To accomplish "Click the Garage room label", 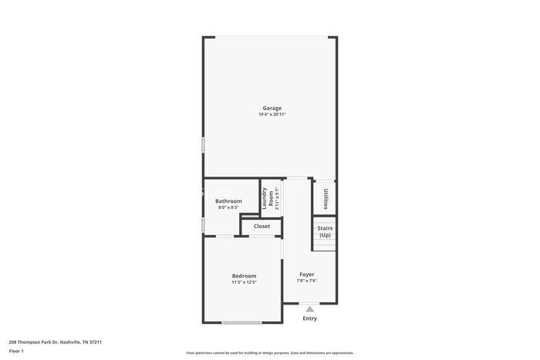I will [272, 108].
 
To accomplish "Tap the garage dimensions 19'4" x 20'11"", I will [272, 114].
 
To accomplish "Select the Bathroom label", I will [228, 201].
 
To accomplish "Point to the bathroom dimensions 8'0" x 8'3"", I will [228, 207].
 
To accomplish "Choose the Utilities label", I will [326, 198].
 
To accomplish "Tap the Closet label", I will [262, 226].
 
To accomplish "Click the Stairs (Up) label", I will [325, 231].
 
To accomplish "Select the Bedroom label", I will [244, 275].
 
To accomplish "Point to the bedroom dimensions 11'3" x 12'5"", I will [244, 282].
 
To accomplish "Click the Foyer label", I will [307, 274].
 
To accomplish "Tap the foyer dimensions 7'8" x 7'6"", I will [307, 281].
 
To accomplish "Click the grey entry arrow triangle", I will [309, 309].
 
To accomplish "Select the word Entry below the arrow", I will [309, 318].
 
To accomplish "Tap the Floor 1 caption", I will [16, 351].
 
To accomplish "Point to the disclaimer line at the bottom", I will [270, 352].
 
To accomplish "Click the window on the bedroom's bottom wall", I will [241, 322].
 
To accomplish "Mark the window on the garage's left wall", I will [204, 144].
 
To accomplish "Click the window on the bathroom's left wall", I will [204, 224].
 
